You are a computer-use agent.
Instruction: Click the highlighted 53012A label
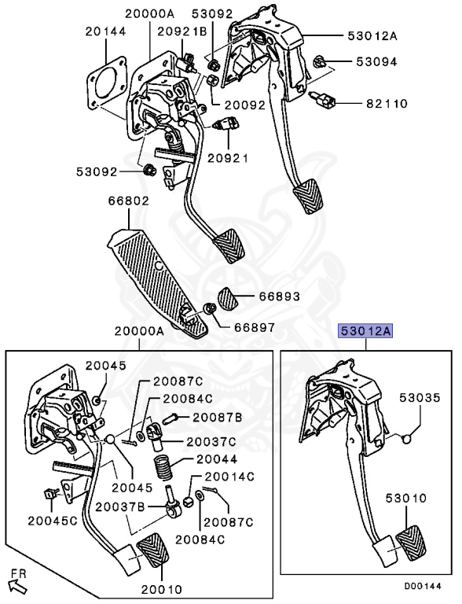tap(365, 331)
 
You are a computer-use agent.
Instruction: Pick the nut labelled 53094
tap(319, 61)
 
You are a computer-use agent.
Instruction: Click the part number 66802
tap(129, 201)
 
